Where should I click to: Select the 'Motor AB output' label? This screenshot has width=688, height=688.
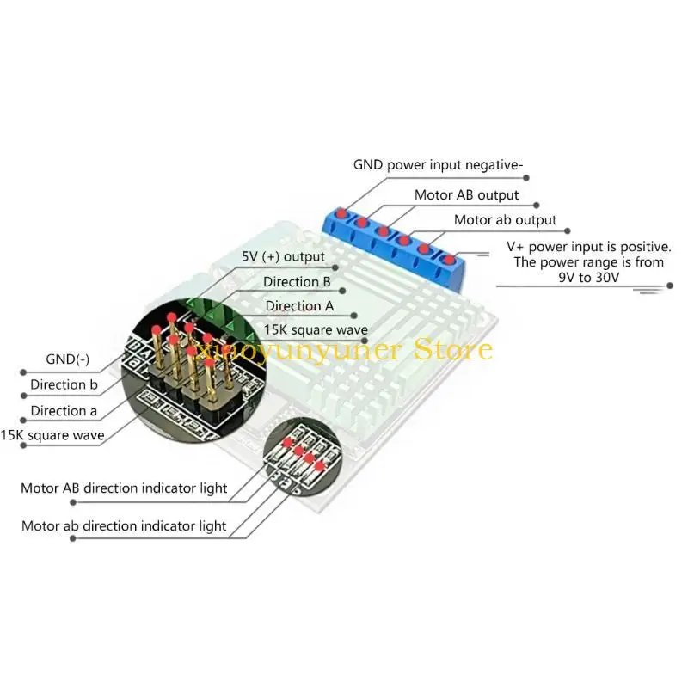click(x=467, y=195)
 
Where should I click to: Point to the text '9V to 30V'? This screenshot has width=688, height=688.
click(x=589, y=279)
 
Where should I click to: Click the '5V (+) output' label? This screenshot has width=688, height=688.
click(x=283, y=256)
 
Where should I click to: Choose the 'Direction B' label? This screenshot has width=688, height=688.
click(x=298, y=281)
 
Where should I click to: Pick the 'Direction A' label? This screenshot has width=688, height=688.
click(x=299, y=305)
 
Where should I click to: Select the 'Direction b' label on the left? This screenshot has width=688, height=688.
click(x=58, y=384)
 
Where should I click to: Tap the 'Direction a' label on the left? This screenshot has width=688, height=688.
click(x=58, y=410)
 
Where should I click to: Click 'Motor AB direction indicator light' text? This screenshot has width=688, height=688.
click(x=124, y=488)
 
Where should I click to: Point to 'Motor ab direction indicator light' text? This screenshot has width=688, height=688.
click(x=124, y=525)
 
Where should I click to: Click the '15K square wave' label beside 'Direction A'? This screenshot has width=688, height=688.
click(x=316, y=329)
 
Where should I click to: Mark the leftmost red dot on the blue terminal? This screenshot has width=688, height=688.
click(x=341, y=212)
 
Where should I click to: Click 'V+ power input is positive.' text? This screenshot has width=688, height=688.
click(x=584, y=246)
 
